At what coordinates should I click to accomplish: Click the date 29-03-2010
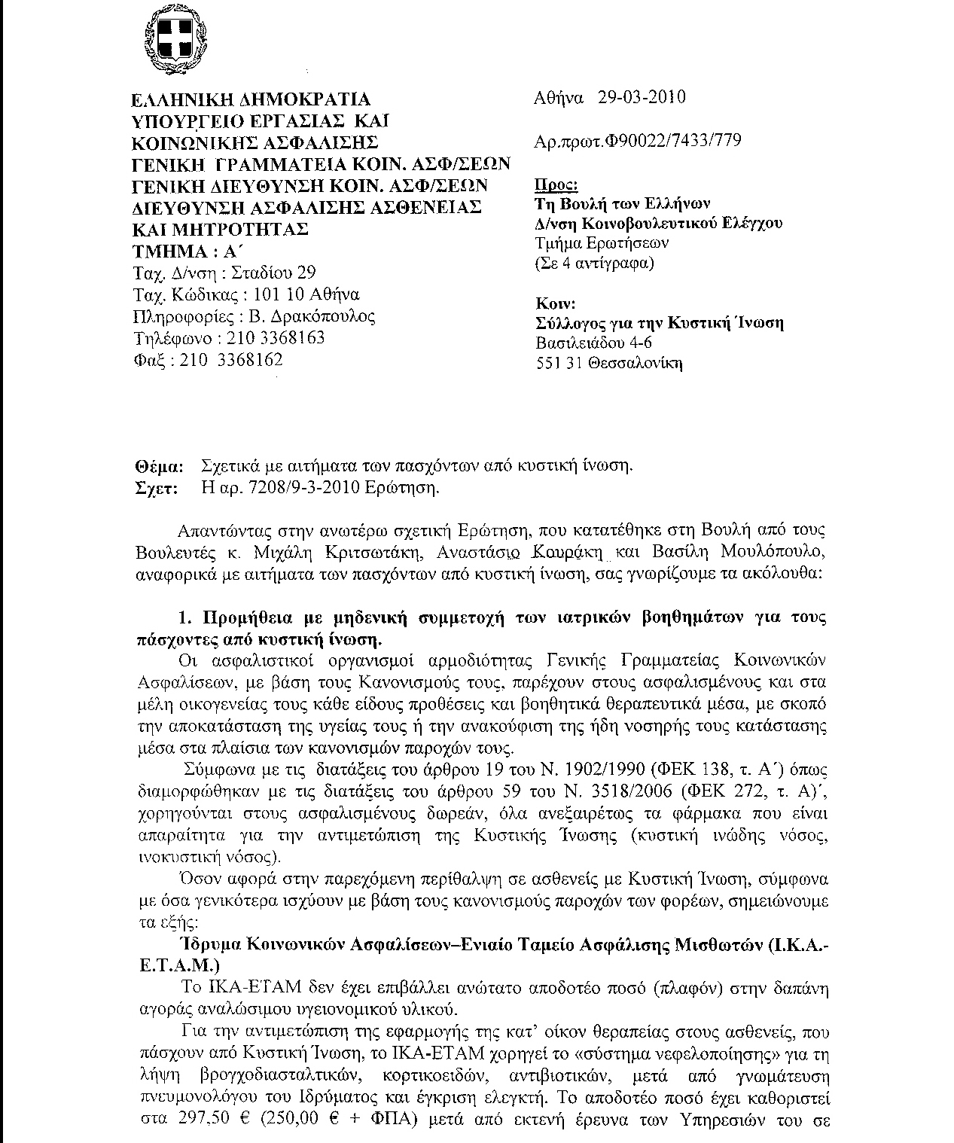(x=642, y=97)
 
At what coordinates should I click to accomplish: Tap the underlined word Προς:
(x=556, y=185)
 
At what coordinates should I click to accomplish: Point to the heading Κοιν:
(x=556, y=304)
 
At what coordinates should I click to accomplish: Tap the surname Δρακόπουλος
(x=320, y=316)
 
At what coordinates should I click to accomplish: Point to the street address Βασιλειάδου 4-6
(x=594, y=343)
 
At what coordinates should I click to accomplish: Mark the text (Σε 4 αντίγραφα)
(x=593, y=264)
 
